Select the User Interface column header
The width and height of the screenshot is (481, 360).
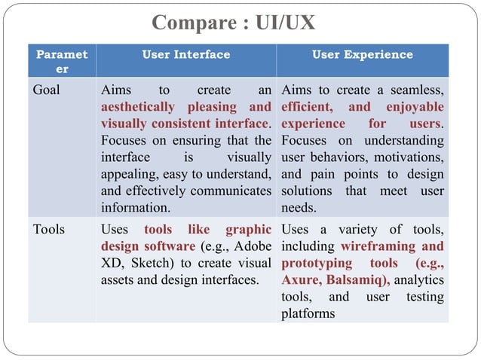[186, 54]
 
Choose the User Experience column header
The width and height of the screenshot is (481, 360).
[363, 54]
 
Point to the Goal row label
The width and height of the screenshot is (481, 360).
[47, 91]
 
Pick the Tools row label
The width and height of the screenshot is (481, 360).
[49, 230]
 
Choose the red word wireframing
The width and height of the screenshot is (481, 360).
[375, 247]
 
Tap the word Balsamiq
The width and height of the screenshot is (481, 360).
[357, 280]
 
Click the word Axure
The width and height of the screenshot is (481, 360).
[300, 280]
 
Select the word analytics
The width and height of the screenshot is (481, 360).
[418, 280]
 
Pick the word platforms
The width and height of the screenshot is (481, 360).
[308, 313]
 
